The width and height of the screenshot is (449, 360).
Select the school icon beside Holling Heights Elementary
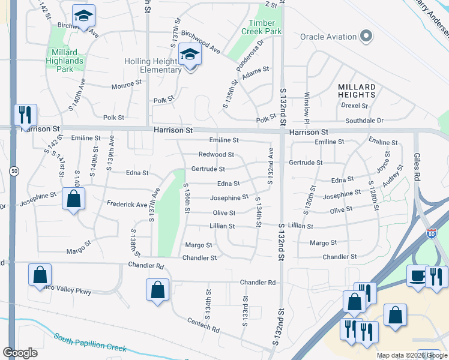(190, 56)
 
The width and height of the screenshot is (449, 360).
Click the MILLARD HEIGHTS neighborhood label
(357, 91)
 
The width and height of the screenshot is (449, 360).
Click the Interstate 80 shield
(431, 233)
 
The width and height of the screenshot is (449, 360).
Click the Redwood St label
(216, 155)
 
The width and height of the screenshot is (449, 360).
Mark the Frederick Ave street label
(127, 205)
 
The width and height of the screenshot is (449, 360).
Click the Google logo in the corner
(20, 352)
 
